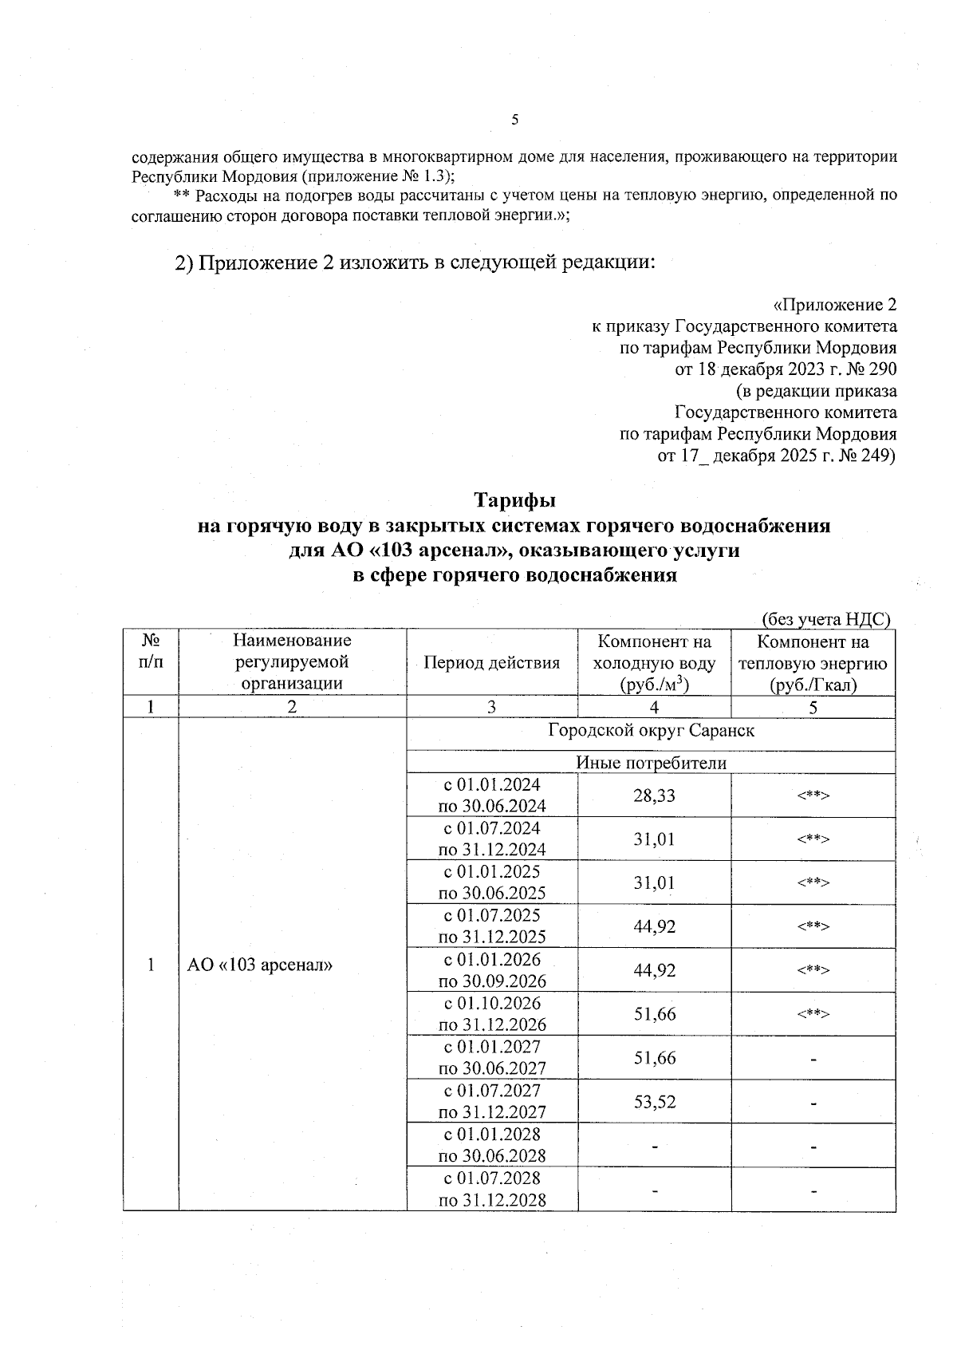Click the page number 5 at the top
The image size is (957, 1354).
click(514, 120)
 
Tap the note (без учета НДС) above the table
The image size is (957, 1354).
click(825, 619)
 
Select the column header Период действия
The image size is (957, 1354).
click(491, 662)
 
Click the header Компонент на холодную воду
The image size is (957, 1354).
click(654, 662)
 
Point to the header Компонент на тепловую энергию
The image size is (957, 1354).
click(813, 662)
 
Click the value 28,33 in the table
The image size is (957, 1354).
click(654, 795)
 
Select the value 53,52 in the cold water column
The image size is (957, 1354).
click(654, 1102)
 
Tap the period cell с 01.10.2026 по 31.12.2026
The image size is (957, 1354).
click(492, 1013)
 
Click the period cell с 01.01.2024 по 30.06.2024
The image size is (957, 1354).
click(492, 795)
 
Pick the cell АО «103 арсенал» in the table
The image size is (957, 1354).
click(259, 965)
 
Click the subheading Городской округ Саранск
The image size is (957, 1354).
click(651, 730)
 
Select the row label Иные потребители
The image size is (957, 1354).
click(651, 764)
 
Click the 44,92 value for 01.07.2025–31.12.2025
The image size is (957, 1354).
click(654, 926)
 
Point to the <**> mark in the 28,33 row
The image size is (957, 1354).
click(813, 795)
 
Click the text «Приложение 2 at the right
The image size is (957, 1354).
click(834, 305)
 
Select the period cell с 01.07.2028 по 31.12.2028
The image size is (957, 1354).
click(492, 1189)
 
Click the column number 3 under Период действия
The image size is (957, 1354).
click(491, 707)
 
